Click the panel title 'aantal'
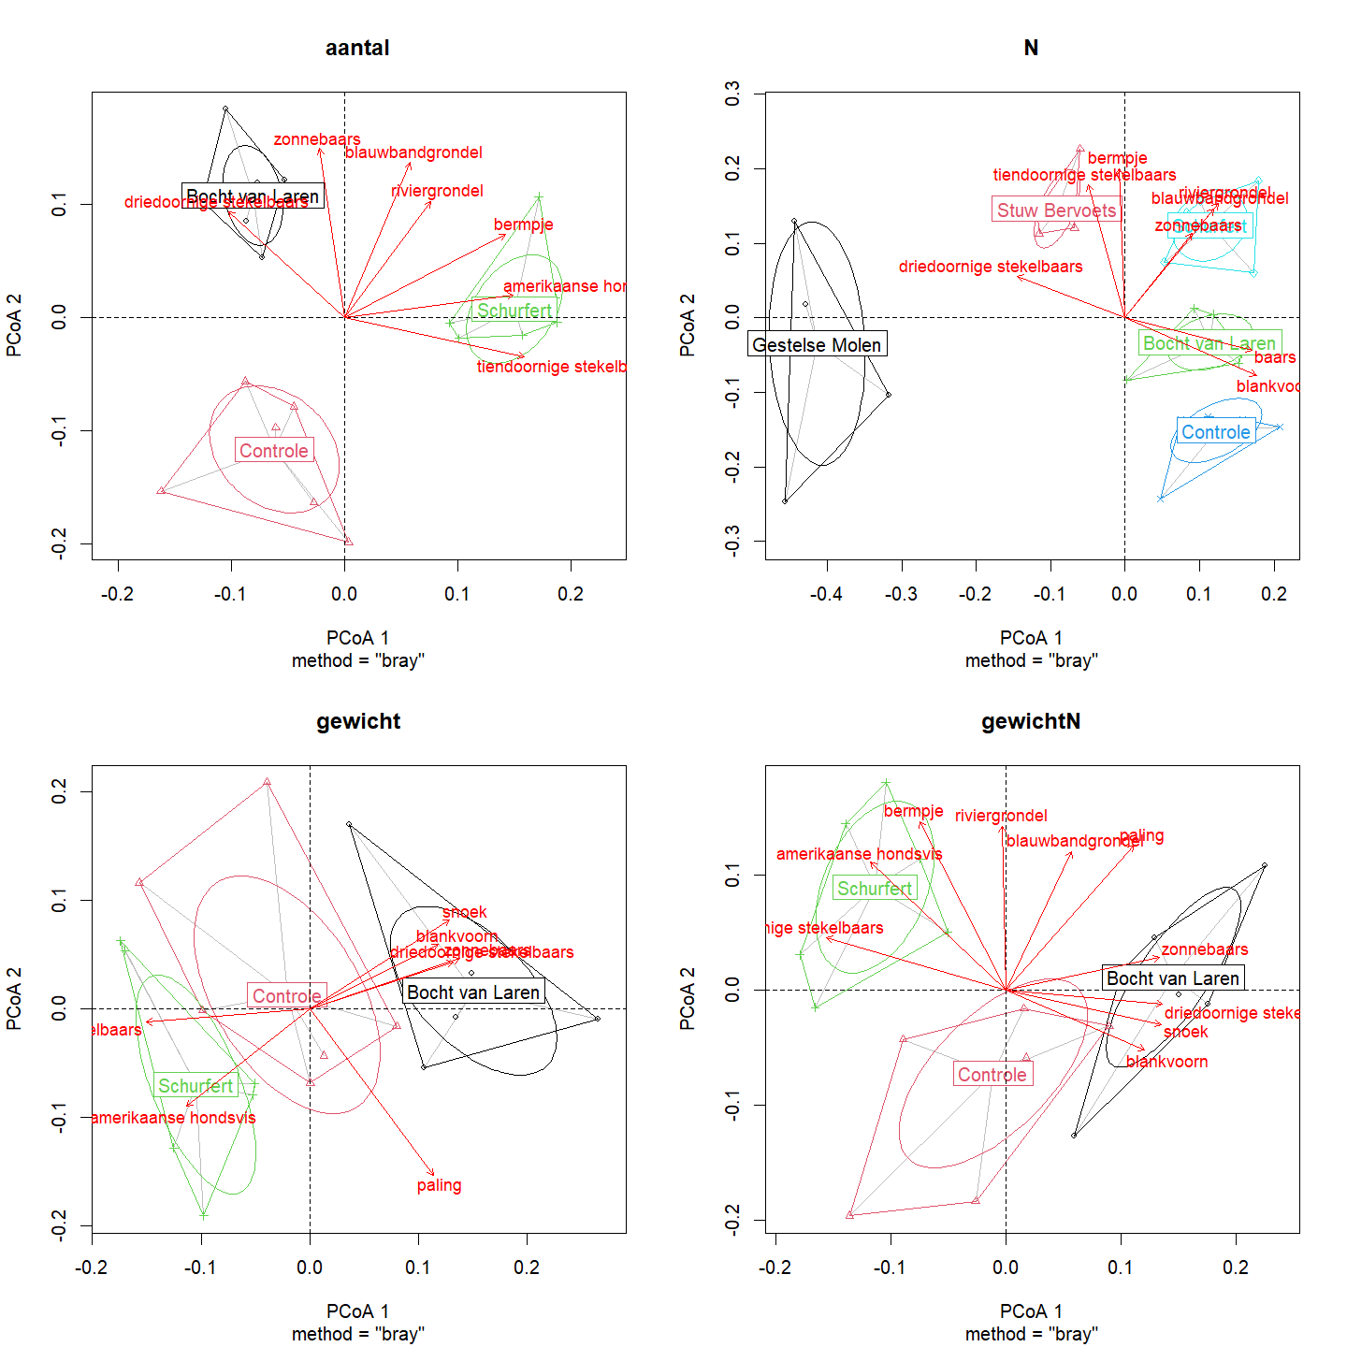[357, 49]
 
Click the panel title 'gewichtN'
[1031, 722]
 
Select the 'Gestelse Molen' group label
[817, 345]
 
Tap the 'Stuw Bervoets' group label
[1056, 210]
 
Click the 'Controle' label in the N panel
[1215, 432]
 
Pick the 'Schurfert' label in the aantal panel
[514, 311]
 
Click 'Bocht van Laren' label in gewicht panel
[473, 992]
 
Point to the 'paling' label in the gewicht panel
[439, 1186]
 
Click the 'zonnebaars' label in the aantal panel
[317, 139]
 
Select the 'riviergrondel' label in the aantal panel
[437, 191]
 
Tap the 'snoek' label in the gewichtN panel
[1185, 1032]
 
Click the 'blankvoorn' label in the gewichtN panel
[1166, 1062]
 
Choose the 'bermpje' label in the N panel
[1117, 158]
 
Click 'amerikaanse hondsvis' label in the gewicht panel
[174, 1118]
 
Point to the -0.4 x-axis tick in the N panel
[826, 594]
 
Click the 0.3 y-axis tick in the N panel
[732, 94]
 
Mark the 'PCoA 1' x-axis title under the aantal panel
[357, 638]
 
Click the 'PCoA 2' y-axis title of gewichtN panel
[688, 999]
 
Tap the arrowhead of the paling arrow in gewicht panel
[433, 1175]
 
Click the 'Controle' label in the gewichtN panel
[992, 1075]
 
